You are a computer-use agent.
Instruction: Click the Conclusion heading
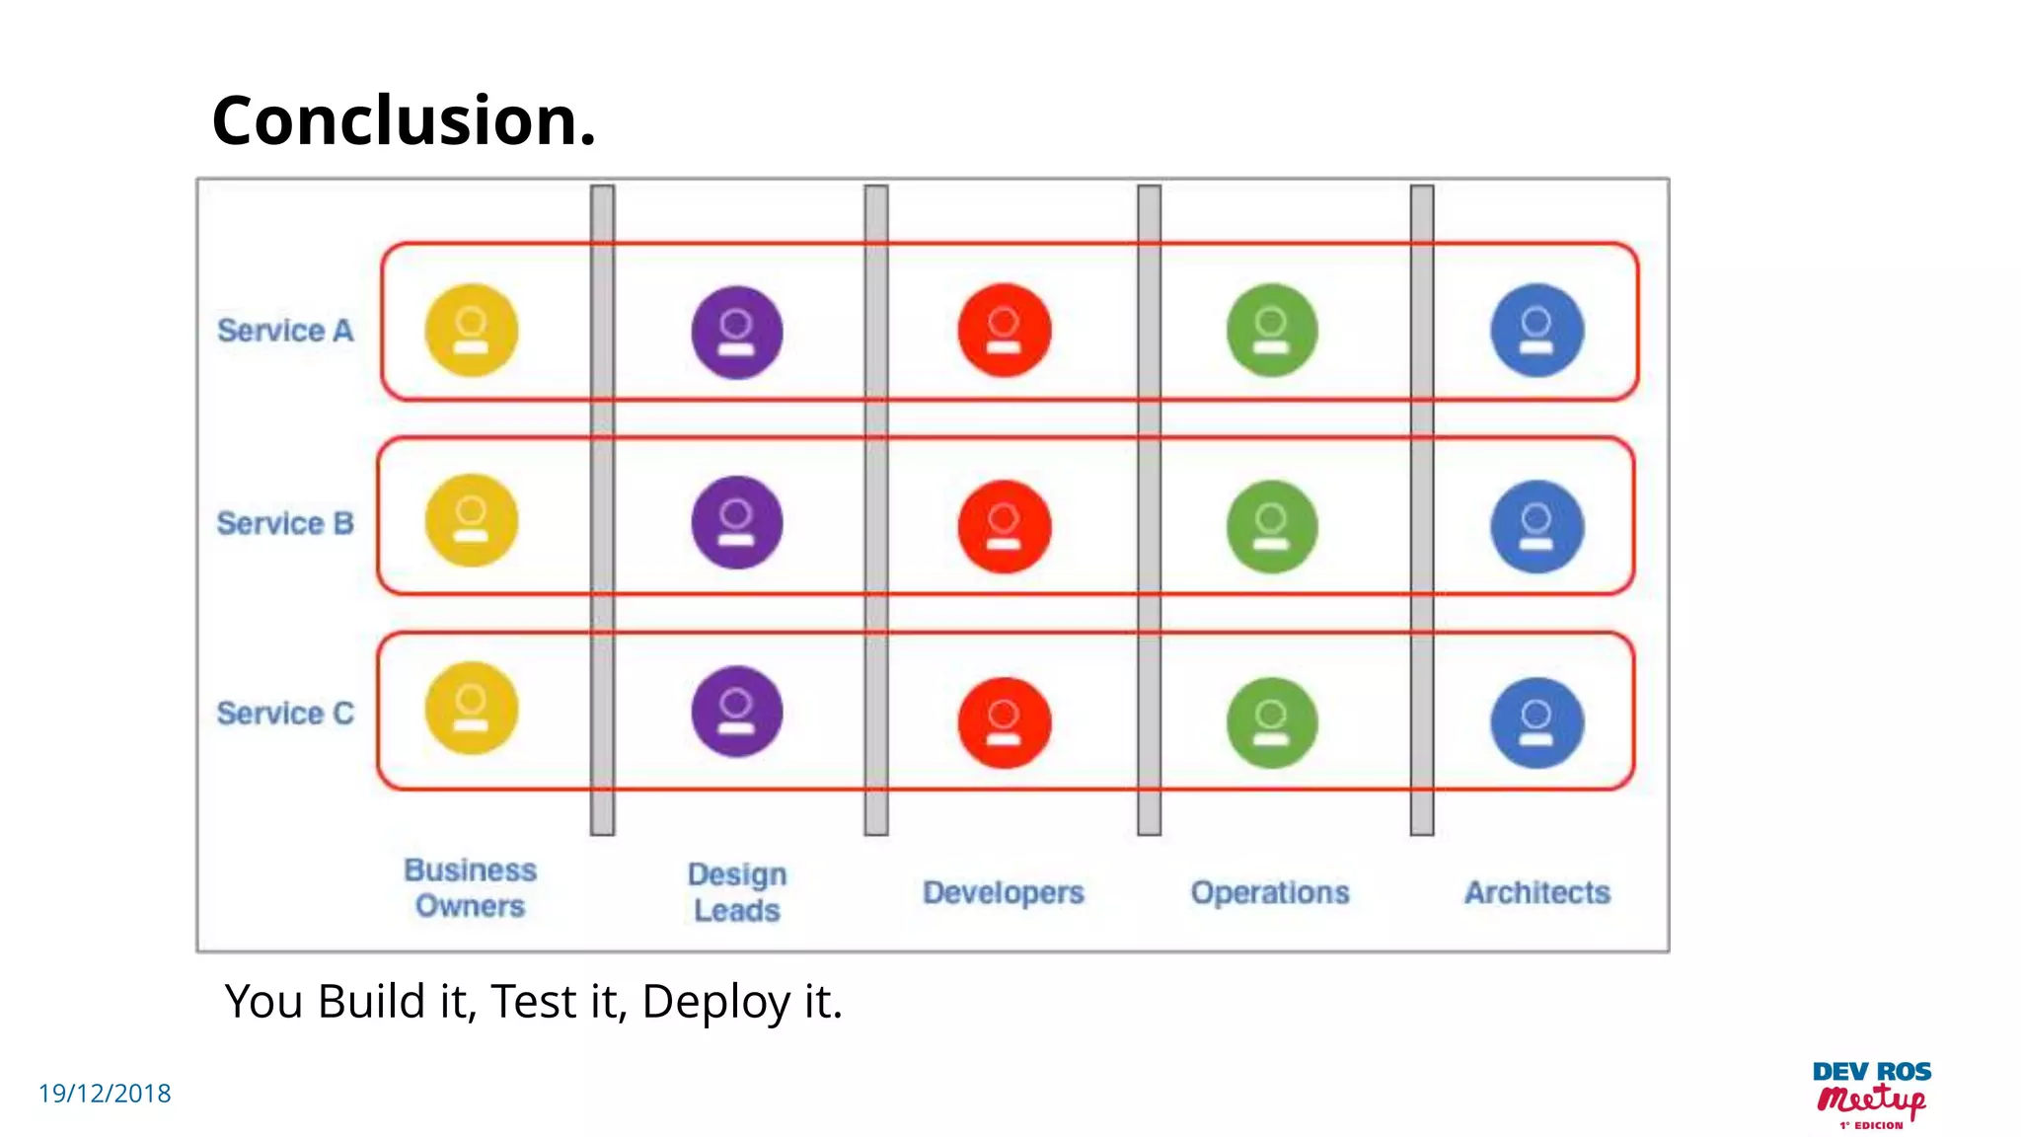[404, 120]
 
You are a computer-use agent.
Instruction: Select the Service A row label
[285, 331]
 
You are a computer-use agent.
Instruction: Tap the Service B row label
[285, 523]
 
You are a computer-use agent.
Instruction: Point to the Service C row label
[285, 713]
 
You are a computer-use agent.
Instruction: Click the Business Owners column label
[470, 888]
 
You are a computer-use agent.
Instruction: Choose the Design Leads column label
[737, 892]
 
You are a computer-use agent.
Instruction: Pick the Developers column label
[1004, 892]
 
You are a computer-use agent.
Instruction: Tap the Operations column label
[1270, 892]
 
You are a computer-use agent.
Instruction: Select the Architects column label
[1536, 892]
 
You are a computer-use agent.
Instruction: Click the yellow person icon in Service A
[472, 331]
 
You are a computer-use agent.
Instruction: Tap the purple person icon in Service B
[737, 522]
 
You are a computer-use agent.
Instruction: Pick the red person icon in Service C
[1005, 722]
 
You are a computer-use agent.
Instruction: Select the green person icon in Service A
[1272, 331]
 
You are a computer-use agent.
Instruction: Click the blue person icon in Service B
[1537, 526]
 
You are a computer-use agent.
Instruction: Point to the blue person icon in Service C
[1537, 722]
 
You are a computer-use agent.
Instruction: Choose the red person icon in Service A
[1005, 331]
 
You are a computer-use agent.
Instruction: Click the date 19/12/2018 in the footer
[105, 1094]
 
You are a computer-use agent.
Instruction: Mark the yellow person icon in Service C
[472, 708]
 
